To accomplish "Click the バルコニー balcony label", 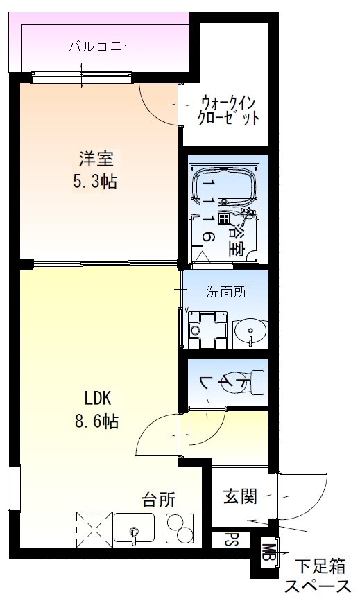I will point(102,48).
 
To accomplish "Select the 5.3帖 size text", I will point(96,183).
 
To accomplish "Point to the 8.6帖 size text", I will point(98,421).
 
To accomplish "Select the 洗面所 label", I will point(225,292).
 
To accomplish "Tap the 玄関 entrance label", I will point(240,496).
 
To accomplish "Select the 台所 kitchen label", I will point(158,498).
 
